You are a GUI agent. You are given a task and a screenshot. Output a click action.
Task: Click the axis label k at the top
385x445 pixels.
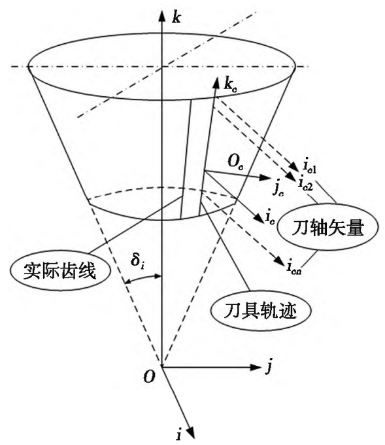coord(176,18)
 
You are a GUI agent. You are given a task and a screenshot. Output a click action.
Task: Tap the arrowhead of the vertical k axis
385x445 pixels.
coord(161,16)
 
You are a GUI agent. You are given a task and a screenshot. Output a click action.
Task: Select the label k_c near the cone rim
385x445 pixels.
coord(230,86)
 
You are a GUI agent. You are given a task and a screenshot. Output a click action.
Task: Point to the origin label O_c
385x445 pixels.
coord(235,162)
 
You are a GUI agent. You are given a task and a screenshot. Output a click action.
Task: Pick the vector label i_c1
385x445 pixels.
coord(310,167)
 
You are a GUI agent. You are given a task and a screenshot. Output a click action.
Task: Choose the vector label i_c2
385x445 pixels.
coord(305,183)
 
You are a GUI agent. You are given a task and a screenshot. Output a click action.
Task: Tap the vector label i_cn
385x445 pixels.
coord(293,268)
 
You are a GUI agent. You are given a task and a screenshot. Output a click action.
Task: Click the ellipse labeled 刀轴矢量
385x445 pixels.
coord(327,228)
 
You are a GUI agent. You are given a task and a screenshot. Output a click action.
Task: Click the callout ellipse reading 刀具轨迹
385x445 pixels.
coord(260,310)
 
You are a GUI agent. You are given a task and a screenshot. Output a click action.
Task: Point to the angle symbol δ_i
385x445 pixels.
coord(139,261)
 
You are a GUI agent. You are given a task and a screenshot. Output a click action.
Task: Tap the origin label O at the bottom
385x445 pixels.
coord(149,377)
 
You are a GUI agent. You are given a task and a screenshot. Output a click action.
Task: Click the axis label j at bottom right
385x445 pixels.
coord(269,367)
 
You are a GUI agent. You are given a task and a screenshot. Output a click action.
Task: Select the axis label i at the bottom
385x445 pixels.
coord(179,435)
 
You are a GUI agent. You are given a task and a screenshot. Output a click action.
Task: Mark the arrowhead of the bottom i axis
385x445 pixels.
coord(192,432)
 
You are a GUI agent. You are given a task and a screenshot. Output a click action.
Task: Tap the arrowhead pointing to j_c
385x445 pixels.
coord(266,177)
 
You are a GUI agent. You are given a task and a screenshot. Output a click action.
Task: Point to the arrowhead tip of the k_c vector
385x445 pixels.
coord(218,77)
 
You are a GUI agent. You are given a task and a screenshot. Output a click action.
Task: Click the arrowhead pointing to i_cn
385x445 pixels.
coord(280,261)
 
